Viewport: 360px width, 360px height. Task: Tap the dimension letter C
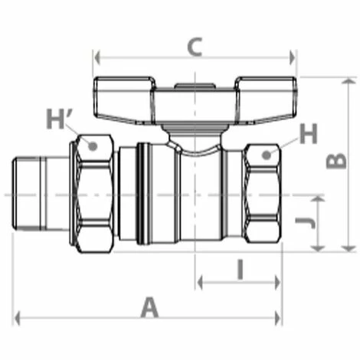[195, 47]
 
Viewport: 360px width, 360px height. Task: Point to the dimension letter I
[240, 269]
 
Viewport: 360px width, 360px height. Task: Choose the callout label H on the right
[307, 134]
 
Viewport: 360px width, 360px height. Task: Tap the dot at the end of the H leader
[267, 155]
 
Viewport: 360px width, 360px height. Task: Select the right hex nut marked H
[263, 195]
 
